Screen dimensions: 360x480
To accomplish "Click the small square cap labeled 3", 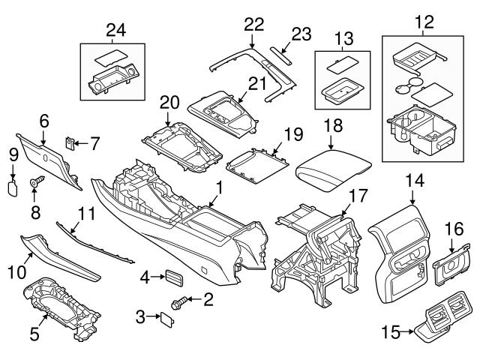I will click(x=167, y=318).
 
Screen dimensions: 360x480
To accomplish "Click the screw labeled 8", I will click(x=36, y=182).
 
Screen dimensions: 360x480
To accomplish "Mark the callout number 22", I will click(x=251, y=25).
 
